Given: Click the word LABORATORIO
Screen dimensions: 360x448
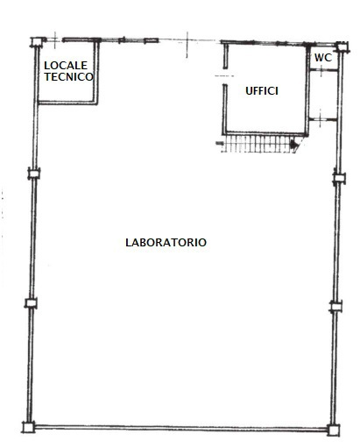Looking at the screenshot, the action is click(x=166, y=242).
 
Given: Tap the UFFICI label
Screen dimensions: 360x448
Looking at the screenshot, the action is click(x=262, y=91).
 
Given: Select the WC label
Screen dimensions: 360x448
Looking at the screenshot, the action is click(x=323, y=58).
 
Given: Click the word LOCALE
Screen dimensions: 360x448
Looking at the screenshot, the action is click(x=66, y=65).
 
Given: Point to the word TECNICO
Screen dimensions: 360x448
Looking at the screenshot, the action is click(x=69, y=76).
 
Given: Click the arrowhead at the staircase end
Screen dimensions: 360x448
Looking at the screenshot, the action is click(x=294, y=144).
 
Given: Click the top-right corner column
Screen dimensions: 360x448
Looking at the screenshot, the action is click(x=342, y=46).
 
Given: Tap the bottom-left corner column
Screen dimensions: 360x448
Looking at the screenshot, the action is click(x=29, y=427).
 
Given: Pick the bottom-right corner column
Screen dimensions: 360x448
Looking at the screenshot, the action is click(x=333, y=430).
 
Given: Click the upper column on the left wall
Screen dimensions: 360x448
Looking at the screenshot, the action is click(x=34, y=174).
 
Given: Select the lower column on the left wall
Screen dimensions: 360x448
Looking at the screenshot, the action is click(x=31, y=303).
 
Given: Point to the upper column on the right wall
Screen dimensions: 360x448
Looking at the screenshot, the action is click(x=339, y=178).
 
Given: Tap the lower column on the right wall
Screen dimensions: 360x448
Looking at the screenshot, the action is click(x=335, y=307).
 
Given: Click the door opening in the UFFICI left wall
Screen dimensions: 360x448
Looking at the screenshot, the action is click(x=225, y=76).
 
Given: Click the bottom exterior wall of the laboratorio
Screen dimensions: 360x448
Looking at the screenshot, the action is click(x=181, y=429).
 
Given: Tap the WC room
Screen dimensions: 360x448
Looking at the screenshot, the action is click(x=323, y=58).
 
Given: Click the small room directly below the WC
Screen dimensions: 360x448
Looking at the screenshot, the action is click(x=323, y=95).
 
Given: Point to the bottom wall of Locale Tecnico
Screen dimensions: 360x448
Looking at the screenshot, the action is click(x=67, y=103).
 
